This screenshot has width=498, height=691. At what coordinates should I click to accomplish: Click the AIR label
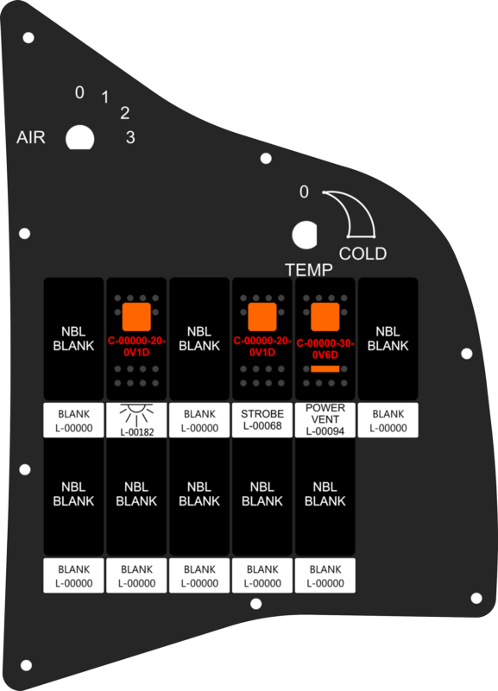(x=31, y=137)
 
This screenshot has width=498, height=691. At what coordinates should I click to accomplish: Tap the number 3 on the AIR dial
(x=130, y=137)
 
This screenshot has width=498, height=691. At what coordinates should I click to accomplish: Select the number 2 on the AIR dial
(x=125, y=113)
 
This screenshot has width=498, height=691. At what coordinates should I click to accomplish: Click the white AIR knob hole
(x=79, y=138)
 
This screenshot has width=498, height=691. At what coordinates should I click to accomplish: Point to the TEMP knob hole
(x=305, y=235)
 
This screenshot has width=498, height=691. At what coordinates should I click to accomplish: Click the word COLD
(x=362, y=254)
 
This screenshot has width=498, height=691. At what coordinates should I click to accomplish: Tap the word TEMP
(x=308, y=270)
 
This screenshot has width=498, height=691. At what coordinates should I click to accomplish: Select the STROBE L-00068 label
(x=262, y=419)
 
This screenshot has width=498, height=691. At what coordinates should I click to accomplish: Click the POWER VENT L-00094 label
(x=325, y=419)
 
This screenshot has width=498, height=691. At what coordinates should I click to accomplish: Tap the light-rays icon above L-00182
(x=136, y=414)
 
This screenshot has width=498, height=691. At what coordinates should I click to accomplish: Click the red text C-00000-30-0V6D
(x=325, y=349)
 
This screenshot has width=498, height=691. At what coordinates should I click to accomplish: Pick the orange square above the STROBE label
(x=262, y=317)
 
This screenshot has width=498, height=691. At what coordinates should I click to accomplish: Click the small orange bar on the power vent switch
(x=325, y=369)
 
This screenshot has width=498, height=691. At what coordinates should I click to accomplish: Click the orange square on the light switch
(x=136, y=317)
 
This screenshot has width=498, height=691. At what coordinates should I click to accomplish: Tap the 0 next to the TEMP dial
(x=304, y=192)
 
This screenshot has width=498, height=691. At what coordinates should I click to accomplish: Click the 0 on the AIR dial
(x=79, y=92)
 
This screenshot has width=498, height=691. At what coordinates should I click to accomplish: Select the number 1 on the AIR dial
(x=105, y=97)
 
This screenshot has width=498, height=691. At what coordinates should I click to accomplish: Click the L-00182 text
(x=137, y=432)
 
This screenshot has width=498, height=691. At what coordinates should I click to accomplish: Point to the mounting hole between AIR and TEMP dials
(x=266, y=158)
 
